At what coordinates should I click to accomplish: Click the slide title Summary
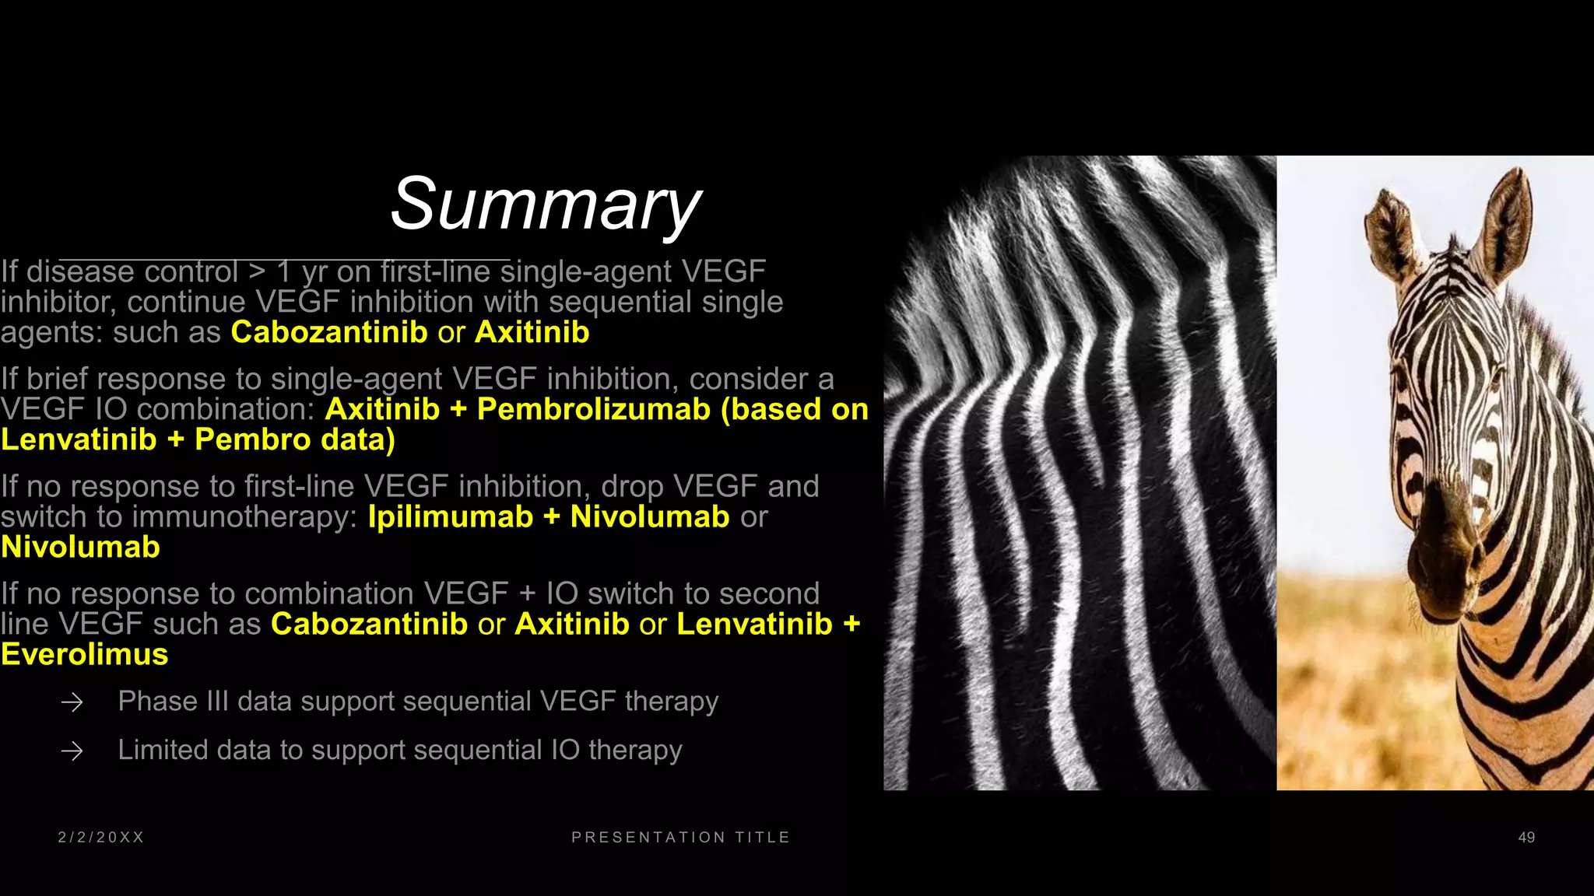(546, 204)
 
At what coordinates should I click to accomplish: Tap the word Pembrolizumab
(593, 409)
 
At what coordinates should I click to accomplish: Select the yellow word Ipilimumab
(450, 517)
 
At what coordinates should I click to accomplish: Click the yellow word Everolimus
(85, 655)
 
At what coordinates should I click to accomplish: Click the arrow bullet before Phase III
(72, 703)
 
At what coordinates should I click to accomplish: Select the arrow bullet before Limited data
(72, 751)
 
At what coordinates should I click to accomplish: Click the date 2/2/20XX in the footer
(101, 838)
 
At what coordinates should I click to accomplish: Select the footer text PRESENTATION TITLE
(681, 838)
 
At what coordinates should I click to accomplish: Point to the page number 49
(1526, 838)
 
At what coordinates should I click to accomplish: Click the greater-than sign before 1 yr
(257, 272)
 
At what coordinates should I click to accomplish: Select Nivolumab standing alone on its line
(80, 548)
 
